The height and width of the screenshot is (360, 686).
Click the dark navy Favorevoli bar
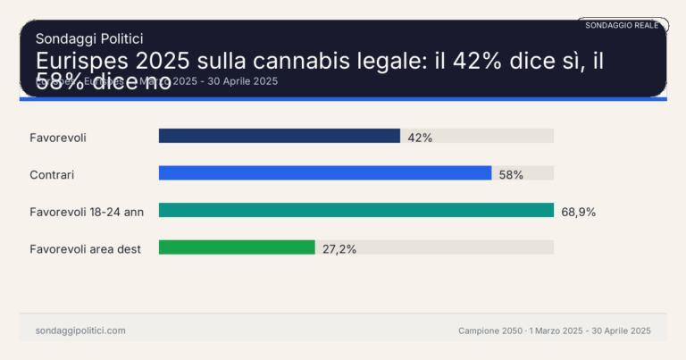click(279, 136)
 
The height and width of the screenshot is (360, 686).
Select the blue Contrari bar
click(325, 173)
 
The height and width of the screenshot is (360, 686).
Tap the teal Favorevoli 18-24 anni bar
click(356, 210)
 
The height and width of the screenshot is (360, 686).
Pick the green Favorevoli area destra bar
click(237, 247)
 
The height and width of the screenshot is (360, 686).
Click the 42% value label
click(420, 137)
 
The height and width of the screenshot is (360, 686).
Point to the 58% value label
click(511, 174)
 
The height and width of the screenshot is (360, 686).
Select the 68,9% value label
click(578, 212)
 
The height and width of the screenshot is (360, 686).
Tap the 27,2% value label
click(339, 249)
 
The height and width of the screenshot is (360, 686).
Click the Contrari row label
click(53, 174)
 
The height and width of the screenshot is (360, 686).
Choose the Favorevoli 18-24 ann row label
click(87, 212)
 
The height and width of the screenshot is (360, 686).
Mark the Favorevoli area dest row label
click(86, 249)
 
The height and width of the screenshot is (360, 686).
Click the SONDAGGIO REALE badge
click(622, 25)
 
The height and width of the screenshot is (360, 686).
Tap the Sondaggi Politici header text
click(89, 38)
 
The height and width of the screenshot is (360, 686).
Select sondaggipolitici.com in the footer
click(80, 331)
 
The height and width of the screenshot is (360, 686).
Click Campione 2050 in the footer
click(488, 331)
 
